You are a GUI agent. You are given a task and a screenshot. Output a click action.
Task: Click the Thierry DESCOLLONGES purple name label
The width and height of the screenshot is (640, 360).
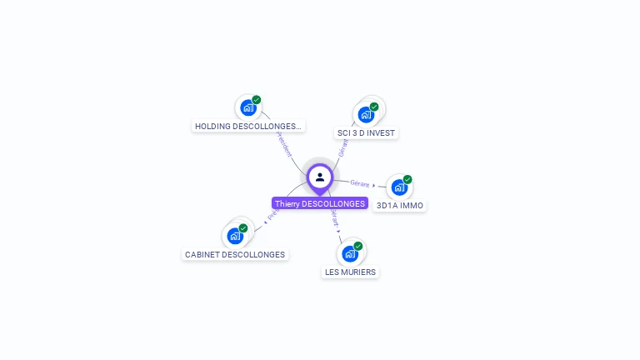(x=320, y=203)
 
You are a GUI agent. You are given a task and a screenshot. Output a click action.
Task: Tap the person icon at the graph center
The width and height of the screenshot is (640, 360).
(x=320, y=177)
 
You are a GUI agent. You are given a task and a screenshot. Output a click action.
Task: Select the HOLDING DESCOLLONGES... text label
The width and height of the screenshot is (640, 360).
(x=248, y=127)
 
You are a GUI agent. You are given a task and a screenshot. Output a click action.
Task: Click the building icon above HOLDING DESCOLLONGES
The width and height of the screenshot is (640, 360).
(x=247, y=107)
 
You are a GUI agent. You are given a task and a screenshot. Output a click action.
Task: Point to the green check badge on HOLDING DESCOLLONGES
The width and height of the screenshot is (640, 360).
(x=257, y=100)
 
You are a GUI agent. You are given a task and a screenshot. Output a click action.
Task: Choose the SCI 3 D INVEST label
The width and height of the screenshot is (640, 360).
(x=367, y=132)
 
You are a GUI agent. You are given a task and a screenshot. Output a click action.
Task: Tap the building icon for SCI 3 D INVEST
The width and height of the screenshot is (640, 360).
(x=365, y=115)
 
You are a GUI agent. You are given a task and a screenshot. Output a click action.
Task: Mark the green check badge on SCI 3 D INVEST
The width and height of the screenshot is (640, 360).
(x=374, y=107)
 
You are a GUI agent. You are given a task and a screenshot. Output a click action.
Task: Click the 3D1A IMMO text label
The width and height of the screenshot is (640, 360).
(x=400, y=205)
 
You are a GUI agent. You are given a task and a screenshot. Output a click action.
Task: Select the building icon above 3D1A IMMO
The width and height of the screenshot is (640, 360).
(x=399, y=187)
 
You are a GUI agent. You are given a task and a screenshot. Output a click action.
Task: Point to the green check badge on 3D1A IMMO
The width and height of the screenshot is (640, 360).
(x=407, y=179)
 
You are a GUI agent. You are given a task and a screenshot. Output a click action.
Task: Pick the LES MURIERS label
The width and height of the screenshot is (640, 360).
(x=350, y=272)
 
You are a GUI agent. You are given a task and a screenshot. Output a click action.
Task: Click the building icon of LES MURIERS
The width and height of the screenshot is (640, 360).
(x=350, y=253)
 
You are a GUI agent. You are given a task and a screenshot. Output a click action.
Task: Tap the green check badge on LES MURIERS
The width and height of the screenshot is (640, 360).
(x=358, y=246)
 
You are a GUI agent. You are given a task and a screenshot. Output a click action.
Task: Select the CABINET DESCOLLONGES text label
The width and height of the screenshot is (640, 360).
(x=235, y=254)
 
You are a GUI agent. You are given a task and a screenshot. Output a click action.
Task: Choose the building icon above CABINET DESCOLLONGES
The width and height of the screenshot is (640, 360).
(x=235, y=236)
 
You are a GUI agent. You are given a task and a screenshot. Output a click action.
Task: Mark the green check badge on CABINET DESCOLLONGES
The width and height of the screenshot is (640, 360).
(x=243, y=227)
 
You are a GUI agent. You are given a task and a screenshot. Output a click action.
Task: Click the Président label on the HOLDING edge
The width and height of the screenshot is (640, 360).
(x=284, y=142)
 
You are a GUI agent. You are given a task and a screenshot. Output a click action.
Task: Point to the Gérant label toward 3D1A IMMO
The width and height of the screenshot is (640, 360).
(x=360, y=183)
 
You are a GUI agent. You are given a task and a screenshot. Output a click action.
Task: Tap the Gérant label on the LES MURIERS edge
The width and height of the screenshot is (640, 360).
(x=334, y=219)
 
